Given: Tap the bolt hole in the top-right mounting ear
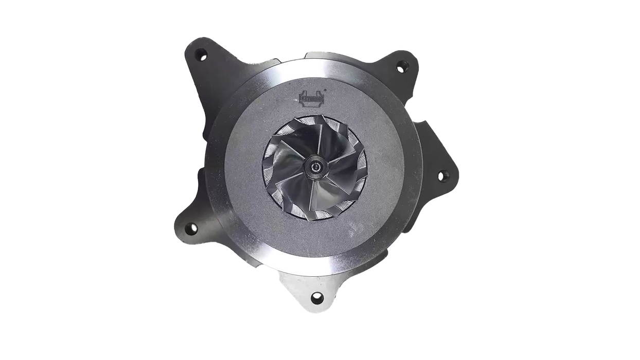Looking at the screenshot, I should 402,66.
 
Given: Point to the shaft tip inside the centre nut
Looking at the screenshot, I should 314,167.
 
